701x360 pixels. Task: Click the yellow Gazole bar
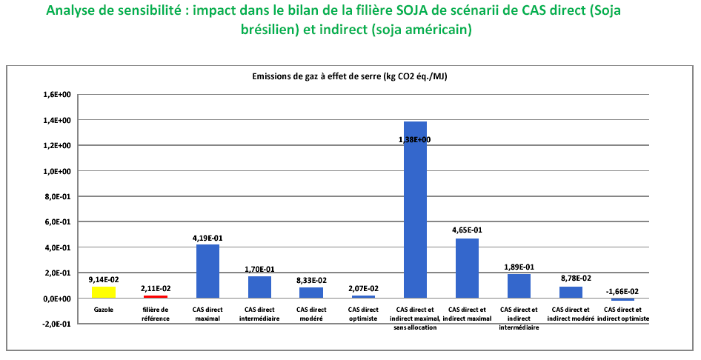point(104,293)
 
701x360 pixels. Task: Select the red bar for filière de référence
point(156,296)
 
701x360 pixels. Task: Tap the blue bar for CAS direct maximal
point(207,271)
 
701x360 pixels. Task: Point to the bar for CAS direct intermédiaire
point(259,287)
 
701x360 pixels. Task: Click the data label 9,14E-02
point(104,279)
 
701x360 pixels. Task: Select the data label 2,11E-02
point(156,288)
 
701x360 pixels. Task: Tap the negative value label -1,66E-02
point(623,291)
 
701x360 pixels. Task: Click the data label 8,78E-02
point(571,279)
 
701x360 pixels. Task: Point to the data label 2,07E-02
point(363,288)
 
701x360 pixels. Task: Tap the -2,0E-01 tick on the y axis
point(57,324)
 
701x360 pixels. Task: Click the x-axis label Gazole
point(104,310)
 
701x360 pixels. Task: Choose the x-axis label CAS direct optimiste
point(363,313)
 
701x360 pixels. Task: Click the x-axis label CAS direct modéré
point(311,313)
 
